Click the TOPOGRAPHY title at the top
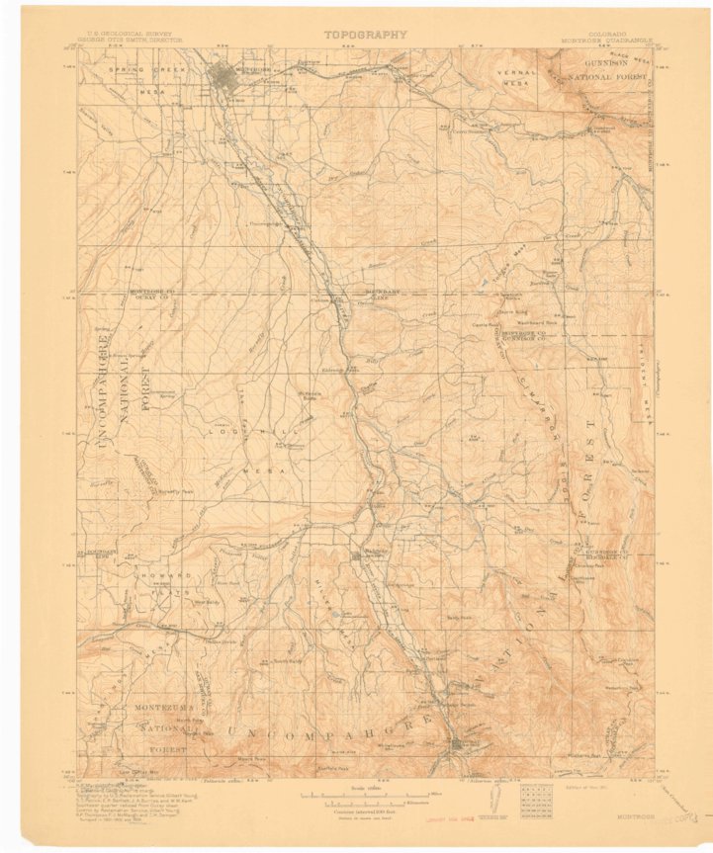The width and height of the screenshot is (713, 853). point(364,34)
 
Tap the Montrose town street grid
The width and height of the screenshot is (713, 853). point(230,76)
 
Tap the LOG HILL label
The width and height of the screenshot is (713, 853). point(234,433)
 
